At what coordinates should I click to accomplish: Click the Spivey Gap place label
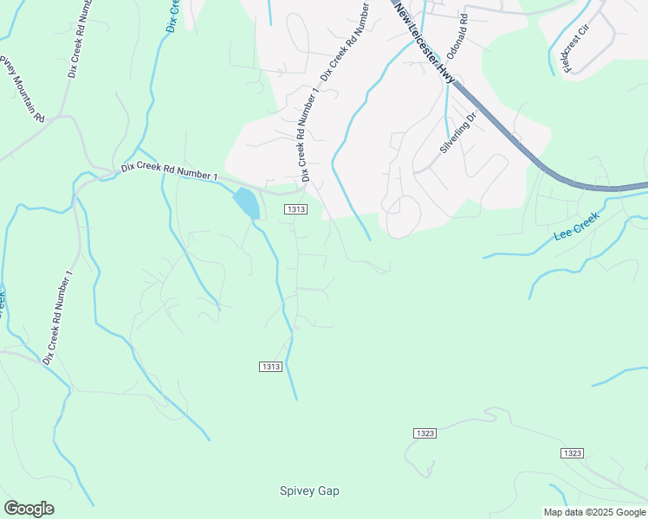309,491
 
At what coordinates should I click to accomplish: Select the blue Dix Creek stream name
172,16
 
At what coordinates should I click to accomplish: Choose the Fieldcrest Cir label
575,48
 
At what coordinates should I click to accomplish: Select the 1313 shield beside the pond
295,209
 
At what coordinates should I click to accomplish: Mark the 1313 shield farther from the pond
270,367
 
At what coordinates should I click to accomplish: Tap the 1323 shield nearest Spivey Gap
424,433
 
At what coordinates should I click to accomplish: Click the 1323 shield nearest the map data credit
571,453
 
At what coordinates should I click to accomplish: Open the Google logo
29,509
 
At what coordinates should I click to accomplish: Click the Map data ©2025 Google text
594,512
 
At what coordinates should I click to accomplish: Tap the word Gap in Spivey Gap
327,491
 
